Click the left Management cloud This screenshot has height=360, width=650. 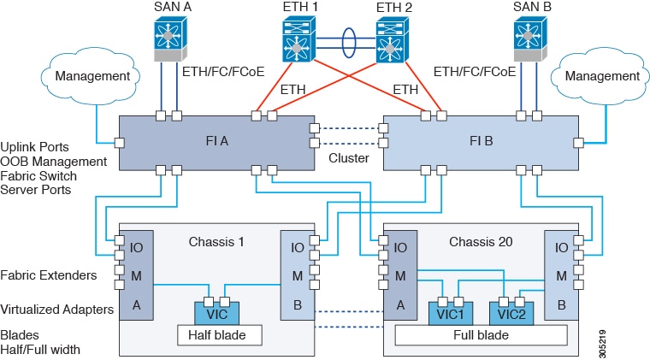(92, 77)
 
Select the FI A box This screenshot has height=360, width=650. (213, 142)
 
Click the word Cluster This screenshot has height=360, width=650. (348, 158)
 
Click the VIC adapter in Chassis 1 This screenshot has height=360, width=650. (212, 310)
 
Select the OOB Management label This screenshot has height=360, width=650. (53, 161)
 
